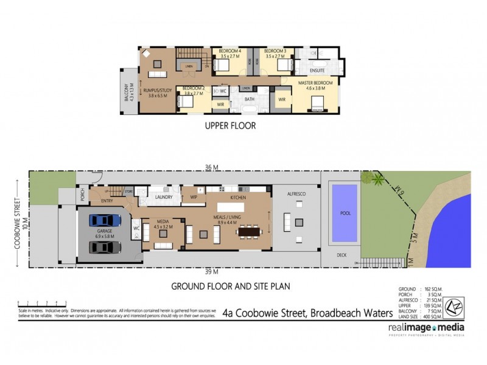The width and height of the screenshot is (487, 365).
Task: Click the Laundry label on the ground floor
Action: coord(164,197)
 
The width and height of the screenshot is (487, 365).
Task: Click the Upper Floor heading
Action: coord(229,127)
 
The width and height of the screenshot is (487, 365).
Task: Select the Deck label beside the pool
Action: coord(341,255)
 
